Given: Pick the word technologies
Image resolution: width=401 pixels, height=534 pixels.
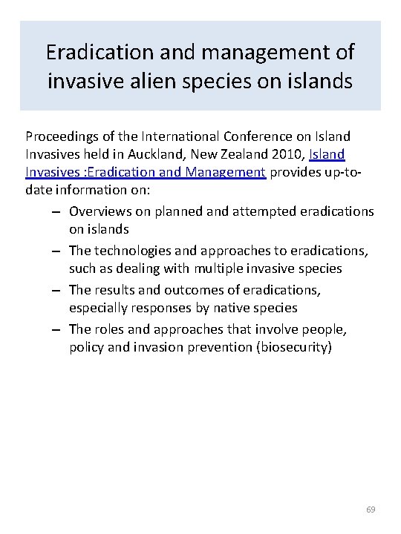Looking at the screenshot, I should pos(134,250).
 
